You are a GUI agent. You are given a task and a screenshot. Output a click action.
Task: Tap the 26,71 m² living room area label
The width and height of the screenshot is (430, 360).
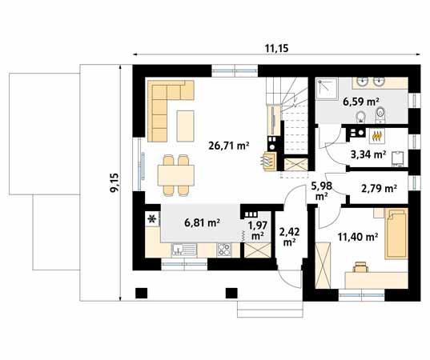coord(229,146)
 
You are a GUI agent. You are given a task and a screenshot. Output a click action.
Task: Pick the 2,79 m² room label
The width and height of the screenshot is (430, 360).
coord(379,189)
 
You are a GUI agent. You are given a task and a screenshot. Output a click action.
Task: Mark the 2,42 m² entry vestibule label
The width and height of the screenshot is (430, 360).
coord(288,235)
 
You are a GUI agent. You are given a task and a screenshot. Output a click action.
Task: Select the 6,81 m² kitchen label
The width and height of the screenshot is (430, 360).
coord(203,223)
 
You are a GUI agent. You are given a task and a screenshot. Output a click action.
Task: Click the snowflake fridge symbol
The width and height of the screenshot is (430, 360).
coord(151,218)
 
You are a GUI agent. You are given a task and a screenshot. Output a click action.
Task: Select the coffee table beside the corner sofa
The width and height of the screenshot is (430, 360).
coord(186,122)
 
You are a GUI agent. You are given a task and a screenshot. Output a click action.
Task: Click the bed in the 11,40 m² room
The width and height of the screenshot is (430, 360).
coord(396,234)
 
